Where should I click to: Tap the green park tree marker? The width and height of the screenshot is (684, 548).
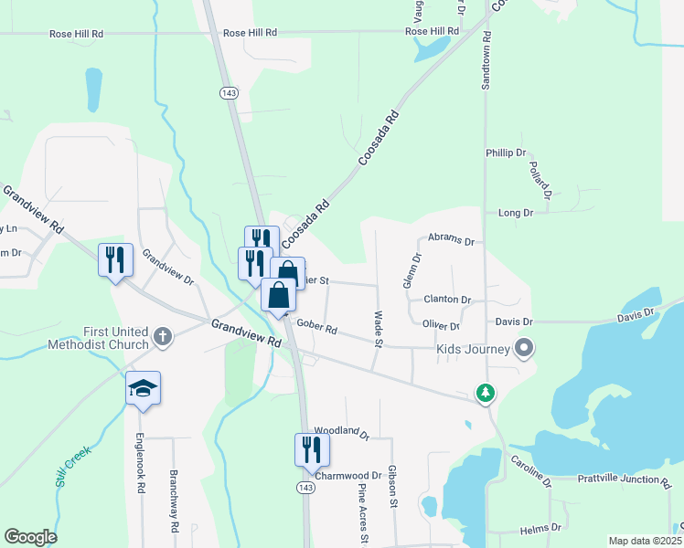pos(485,393)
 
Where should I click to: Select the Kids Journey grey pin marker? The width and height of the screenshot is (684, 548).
pos(524,347)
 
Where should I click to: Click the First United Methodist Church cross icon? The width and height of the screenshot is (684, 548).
pos(162,337)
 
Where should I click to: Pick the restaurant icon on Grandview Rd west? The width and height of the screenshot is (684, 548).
pos(116,260)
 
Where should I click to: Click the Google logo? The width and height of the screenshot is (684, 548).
pos(30,537)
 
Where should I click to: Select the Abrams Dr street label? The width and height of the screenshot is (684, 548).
pos(452,242)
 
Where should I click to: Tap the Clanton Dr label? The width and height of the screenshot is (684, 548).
pos(447,300)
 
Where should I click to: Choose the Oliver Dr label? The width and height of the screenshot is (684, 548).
pos(441,325)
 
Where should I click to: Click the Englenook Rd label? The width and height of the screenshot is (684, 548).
pos(142,463)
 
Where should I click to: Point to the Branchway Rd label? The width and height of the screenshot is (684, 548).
pos(173,501)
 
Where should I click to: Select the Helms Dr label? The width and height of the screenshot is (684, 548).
pos(540,529)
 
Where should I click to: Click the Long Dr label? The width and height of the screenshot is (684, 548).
pos(516,213)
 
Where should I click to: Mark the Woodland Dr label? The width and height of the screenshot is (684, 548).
pos(340,431)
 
